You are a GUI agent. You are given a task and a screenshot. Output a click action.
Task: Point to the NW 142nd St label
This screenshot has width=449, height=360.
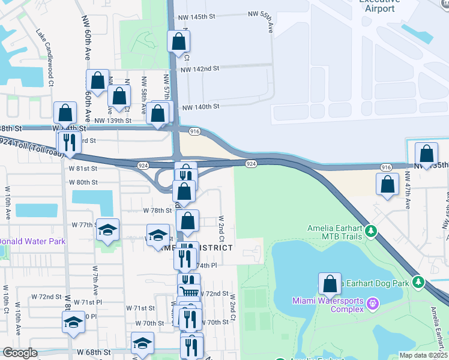click(x=200, y=69)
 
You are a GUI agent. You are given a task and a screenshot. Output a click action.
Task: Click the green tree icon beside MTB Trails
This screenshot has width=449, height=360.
click(x=371, y=230)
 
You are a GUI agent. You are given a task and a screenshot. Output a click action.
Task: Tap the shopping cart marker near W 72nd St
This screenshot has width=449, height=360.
click(x=190, y=291)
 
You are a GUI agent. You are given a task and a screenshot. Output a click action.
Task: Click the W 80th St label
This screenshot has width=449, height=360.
click(x=83, y=182)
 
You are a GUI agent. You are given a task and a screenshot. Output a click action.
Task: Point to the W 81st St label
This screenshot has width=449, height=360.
click(x=83, y=168)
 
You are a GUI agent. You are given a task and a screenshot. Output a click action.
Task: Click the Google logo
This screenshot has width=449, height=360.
click(x=20, y=353)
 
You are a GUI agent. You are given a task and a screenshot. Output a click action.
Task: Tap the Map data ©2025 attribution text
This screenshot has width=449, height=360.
click(x=423, y=355)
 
